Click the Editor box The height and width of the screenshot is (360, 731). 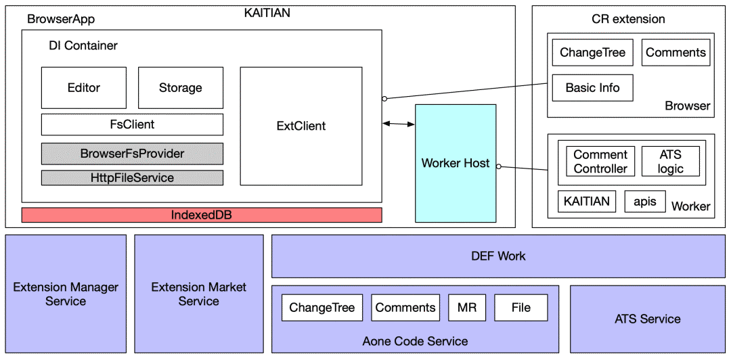point(84,88)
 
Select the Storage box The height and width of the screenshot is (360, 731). point(180,88)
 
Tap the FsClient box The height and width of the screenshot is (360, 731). point(132,125)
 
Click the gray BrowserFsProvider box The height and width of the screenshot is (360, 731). point(132,154)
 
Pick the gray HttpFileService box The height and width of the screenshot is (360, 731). point(132,178)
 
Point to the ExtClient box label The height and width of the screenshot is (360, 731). point(301,126)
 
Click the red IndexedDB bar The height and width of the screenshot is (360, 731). point(202,215)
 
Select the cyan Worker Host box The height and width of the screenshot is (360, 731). point(455,163)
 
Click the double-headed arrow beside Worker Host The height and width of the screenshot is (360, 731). point(399,124)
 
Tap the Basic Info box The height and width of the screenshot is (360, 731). point(592,88)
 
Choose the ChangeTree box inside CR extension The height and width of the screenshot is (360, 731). point(592,53)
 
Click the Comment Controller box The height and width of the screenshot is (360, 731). point(600,162)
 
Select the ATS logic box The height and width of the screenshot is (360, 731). point(670,162)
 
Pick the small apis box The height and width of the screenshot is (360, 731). point(645,201)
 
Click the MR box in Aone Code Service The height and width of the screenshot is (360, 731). point(467,308)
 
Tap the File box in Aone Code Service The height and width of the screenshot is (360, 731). point(520,308)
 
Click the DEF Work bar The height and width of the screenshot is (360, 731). point(497,256)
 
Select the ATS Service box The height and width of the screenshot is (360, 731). point(647,319)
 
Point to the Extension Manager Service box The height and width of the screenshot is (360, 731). point(66,294)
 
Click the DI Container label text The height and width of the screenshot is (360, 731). point(83,46)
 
